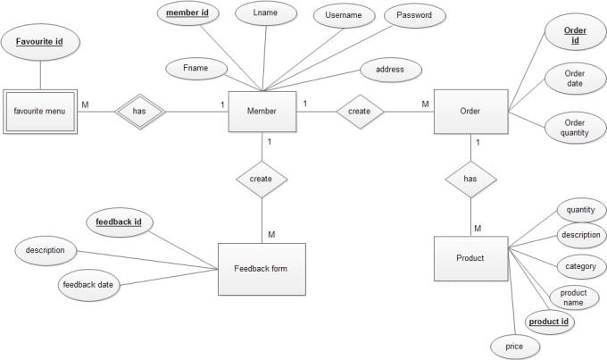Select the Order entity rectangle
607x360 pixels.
click(470, 112)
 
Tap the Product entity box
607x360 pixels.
click(470, 258)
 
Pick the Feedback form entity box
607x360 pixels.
click(262, 269)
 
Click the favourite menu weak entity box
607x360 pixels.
click(40, 112)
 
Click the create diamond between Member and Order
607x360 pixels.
click(360, 112)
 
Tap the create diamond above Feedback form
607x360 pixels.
click(261, 179)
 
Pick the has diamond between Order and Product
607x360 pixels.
click(470, 179)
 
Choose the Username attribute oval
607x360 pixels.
click(344, 16)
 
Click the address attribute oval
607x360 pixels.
click(391, 69)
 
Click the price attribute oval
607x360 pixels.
click(515, 344)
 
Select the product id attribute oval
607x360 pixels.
click(548, 321)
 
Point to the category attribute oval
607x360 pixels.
click(581, 265)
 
